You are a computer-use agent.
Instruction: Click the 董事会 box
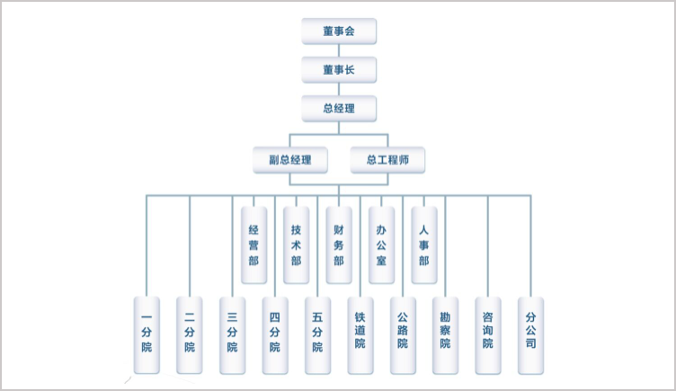click(338, 31)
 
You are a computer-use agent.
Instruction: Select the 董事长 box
click(338, 69)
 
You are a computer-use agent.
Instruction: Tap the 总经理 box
click(338, 109)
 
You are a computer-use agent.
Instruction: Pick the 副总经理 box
click(289, 160)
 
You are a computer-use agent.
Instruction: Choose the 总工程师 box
click(387, 160)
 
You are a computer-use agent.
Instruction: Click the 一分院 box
click(147, 334)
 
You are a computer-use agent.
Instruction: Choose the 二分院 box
click(189, 334)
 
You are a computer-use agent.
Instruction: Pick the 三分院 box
click(232, 334)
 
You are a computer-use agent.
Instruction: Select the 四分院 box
click(274, 334)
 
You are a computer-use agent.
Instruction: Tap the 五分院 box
click(317, 334)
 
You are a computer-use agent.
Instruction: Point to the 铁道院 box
click(360, 334)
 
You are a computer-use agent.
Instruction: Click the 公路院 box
click(403, 334)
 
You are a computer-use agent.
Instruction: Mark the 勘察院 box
click(445, 334)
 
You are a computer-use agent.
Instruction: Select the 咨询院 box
click(488, 334)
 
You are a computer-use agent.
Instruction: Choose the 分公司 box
click(530, 334)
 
